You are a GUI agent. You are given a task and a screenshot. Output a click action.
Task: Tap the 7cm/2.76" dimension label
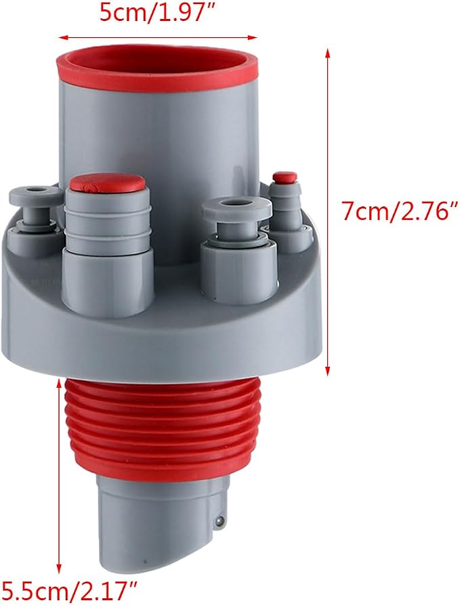coord(400,210)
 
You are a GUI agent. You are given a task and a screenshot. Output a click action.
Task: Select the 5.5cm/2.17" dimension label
coord(68,590)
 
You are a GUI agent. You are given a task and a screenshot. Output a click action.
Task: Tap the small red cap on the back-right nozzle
coord(285,177)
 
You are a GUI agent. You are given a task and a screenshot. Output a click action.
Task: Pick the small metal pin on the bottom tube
coord(219,521)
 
